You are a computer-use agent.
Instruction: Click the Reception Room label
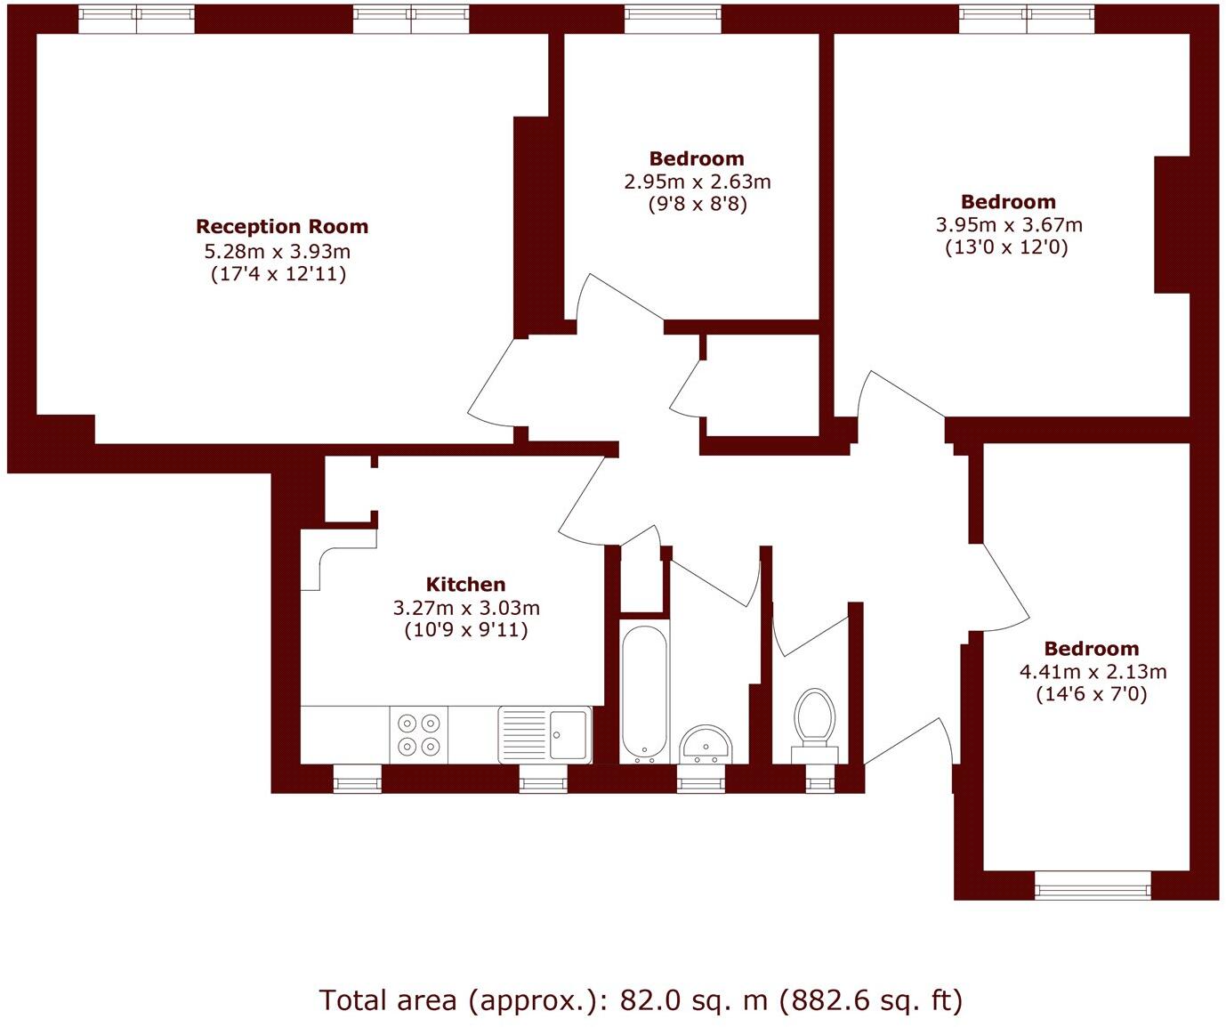[x=281, y=227]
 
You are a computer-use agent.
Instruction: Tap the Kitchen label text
[x=465, y=585]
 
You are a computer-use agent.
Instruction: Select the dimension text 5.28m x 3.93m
[x=278, y=251]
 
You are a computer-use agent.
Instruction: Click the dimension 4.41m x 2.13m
[x=1093, y=672]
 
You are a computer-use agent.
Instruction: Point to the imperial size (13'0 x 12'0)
[x=1006, y=247]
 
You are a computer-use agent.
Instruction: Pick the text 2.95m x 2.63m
[x=697, y=182]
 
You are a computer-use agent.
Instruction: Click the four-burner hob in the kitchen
[x=419, y=735]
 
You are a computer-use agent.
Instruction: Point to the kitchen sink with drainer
[x=544, y=735]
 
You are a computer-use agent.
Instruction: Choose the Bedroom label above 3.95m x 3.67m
[x=1008, y=202]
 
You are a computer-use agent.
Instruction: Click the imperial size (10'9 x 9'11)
[x=465, y=631]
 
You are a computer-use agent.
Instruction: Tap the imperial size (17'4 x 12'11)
[x=278, y=274]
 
